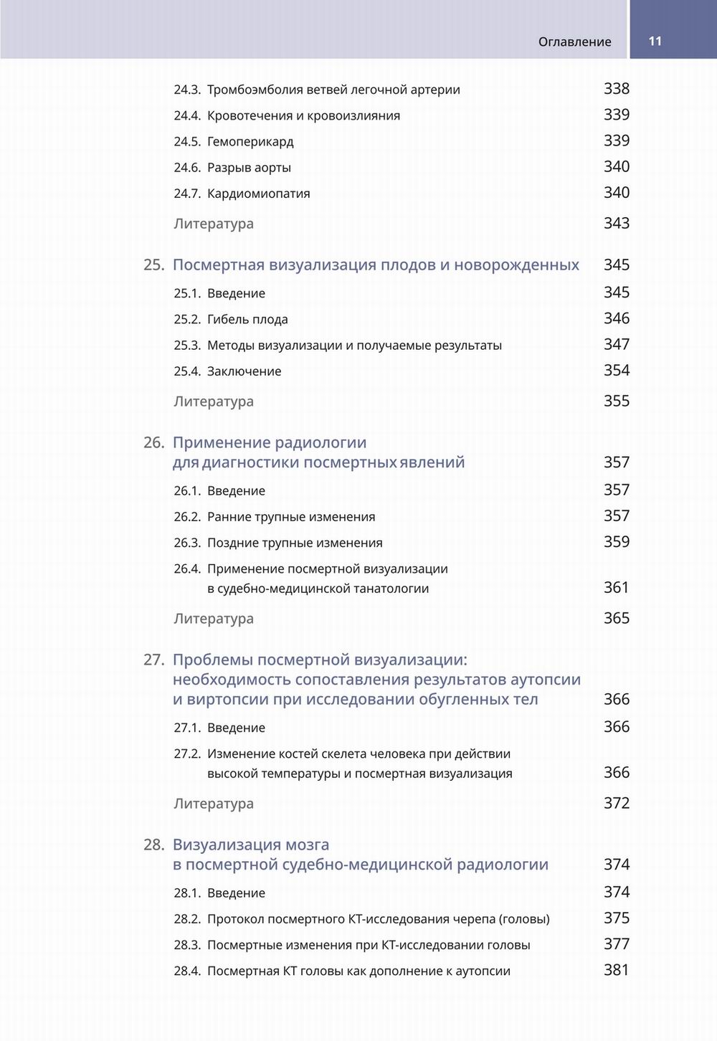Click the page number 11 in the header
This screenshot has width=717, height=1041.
655,41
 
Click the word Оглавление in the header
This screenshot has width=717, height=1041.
574,42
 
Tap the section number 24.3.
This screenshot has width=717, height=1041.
187,90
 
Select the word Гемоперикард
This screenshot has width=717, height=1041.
250,142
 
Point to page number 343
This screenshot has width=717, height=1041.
616,223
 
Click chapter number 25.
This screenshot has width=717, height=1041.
153,265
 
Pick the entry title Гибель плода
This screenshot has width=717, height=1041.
247,320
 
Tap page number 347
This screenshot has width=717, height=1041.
616,344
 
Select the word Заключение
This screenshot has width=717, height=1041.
244,371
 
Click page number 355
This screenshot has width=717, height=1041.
616,401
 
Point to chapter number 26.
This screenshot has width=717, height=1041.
153,443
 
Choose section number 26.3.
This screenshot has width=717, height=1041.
187,543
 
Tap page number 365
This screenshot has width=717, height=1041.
616,618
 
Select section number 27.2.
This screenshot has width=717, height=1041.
187,754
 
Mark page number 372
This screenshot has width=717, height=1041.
616,803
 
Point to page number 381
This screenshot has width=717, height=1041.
616,970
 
